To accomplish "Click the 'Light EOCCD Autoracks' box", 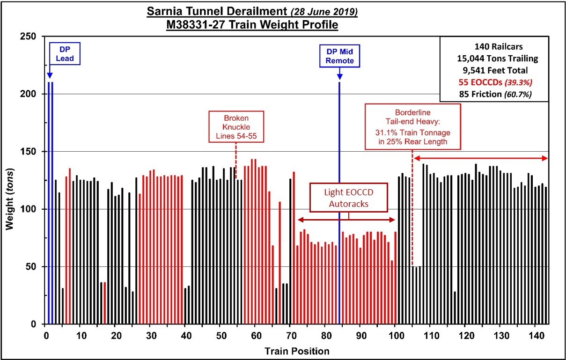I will coord(349,198).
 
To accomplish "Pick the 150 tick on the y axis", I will coord(31,151).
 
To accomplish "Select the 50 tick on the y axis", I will coord(33,266).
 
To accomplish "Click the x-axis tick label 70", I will coord(291,336).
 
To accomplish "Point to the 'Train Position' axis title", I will coord(297,351).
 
